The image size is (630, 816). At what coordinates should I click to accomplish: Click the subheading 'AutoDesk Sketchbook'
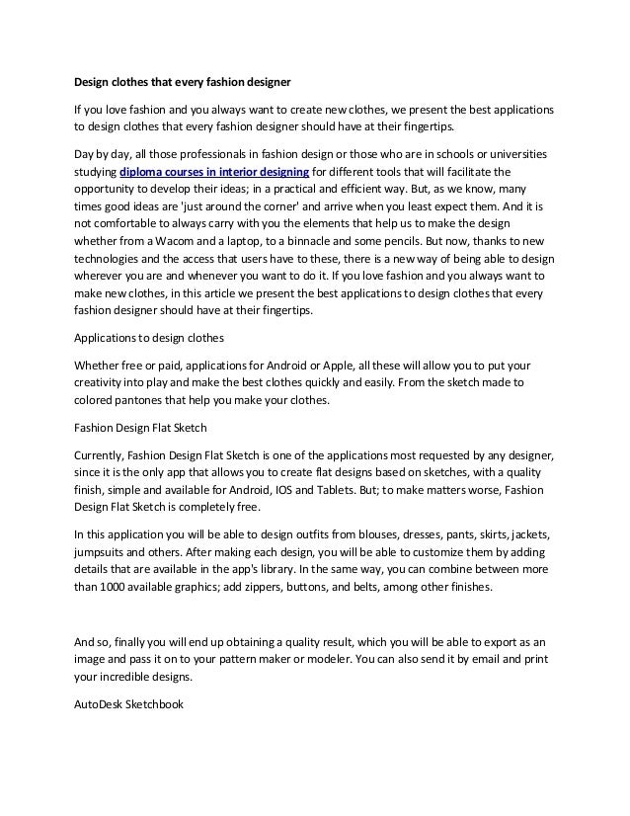pos(129,705)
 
